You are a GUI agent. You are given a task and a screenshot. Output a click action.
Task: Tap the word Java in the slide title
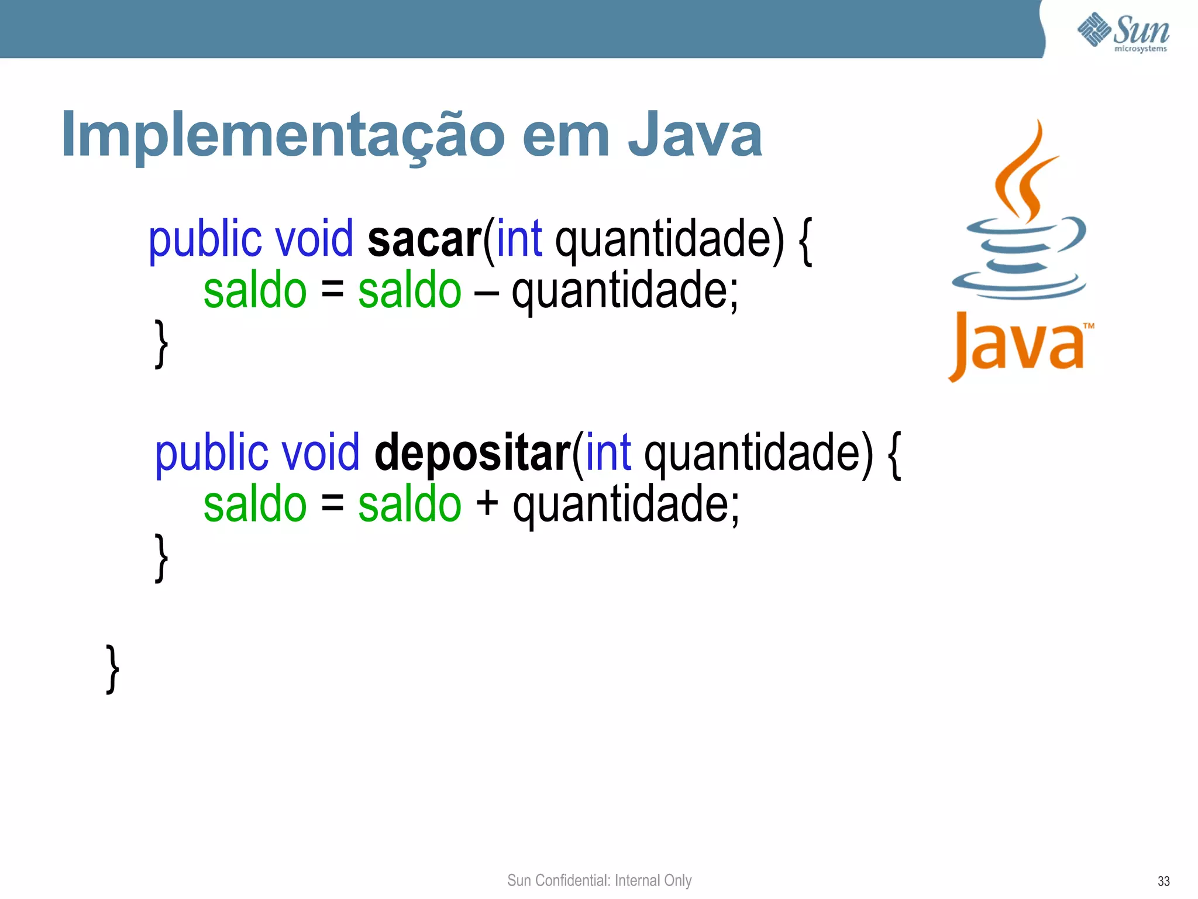coord(694,136)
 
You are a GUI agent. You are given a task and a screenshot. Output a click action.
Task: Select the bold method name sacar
coord(424,240)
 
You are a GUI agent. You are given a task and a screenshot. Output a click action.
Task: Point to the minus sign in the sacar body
coord(486,293)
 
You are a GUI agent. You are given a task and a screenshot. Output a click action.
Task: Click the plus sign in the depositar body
coord(487,505)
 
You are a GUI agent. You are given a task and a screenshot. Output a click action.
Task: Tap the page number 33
coord(1163,881)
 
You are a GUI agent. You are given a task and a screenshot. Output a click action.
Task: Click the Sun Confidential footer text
coord(599,880)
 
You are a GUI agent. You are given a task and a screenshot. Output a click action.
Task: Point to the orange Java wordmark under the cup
coord(1018,345)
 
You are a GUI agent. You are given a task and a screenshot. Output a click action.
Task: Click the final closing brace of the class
coord(113,669)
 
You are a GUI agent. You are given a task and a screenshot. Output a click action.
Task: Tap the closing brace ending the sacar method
coord(161,344)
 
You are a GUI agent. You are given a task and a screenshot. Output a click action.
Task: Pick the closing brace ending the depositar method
coord(161,558)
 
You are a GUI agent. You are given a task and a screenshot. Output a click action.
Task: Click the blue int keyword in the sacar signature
coord(519,240)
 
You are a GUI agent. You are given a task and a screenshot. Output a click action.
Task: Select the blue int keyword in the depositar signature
coord(608,454)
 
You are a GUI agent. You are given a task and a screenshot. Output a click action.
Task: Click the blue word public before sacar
coord(205,240)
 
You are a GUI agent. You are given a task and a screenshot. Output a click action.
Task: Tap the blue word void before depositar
coord(321,454)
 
